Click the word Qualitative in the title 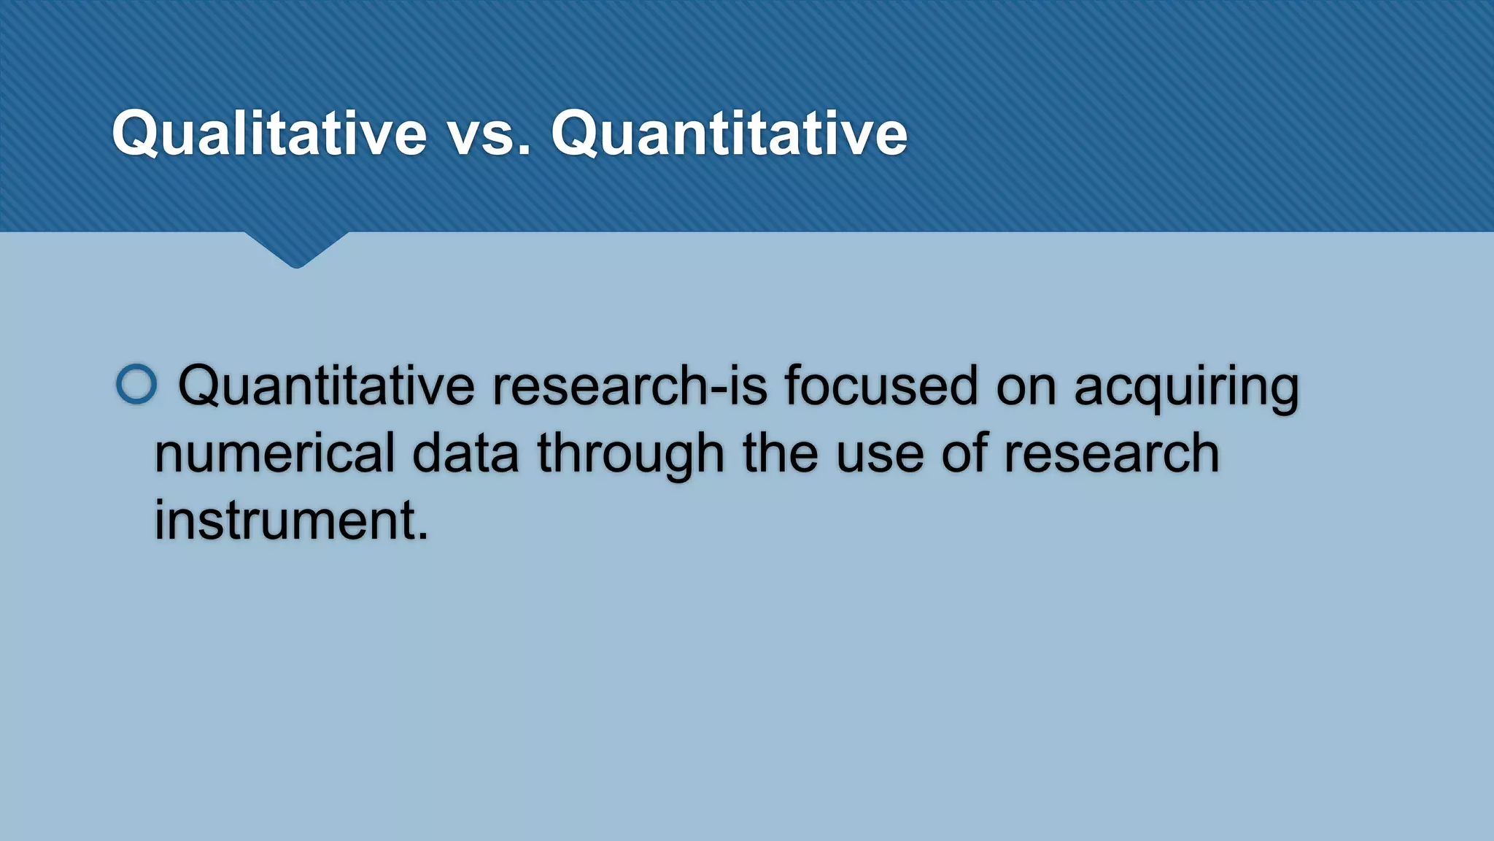click(268, 134)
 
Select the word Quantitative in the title click(729, 134)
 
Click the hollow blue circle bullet click(136, 384)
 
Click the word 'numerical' click(274, 453)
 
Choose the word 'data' click(465, 453)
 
